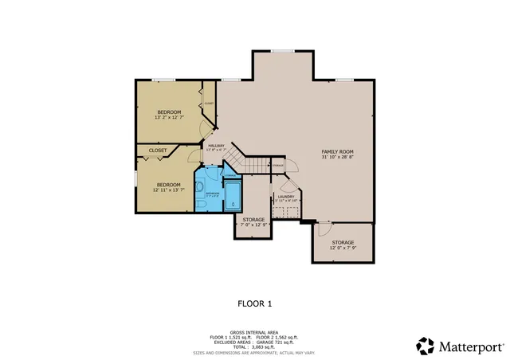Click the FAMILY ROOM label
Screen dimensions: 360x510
337,151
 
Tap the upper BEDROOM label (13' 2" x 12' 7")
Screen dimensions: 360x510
168,112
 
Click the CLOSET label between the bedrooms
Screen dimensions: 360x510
158,150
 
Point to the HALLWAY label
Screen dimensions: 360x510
216,146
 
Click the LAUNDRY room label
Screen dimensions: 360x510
285,196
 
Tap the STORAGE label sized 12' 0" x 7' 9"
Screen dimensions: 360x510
343,242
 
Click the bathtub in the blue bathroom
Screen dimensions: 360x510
233,194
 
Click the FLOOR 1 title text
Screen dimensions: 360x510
255,303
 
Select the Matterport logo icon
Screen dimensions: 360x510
426,346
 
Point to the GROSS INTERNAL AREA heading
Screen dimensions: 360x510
254,331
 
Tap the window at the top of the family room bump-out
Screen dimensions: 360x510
283,52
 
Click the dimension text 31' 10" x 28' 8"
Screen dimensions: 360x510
337,157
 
